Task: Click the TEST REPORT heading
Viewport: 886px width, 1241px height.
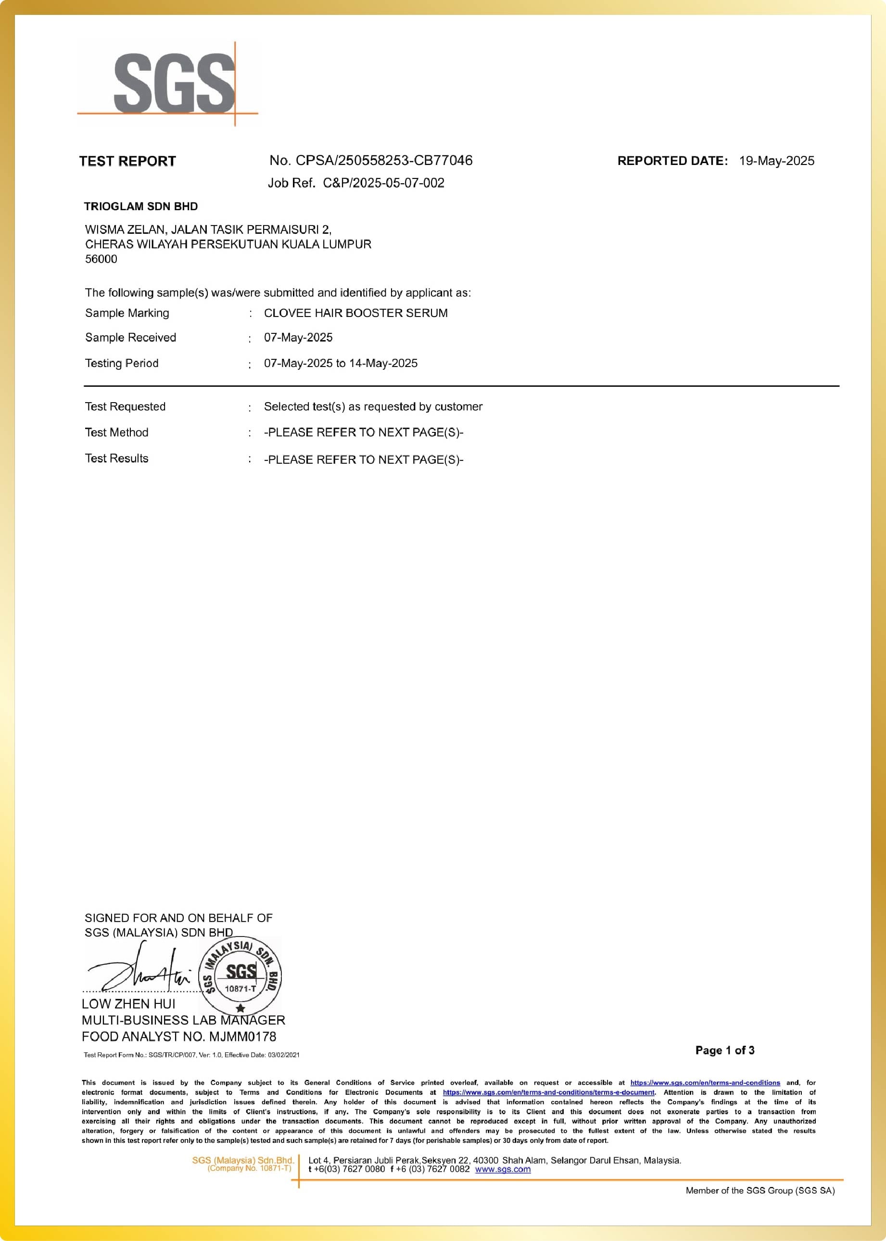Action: [127, 161]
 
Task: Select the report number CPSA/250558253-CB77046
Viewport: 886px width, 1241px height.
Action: [383, 160]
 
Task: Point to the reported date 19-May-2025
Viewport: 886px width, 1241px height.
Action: [776, 161]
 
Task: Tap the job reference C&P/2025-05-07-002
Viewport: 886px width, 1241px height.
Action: [383, 183]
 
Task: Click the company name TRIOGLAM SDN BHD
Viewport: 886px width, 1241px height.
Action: [141, 206]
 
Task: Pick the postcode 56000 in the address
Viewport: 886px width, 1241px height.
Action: [101, 259]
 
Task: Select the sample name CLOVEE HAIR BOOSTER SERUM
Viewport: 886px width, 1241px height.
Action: [356, 313]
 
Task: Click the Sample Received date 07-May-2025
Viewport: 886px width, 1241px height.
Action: [298, 338]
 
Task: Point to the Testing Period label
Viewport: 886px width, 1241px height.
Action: [122, 363]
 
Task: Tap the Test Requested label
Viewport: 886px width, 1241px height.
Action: [125, 406]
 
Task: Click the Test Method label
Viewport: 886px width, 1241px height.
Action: [116, 432]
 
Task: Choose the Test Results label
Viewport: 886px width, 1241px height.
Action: [116, 458]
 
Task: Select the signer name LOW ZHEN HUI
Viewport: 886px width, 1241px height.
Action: [129, 1004]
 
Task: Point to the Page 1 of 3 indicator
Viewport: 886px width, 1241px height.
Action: [724, 1051]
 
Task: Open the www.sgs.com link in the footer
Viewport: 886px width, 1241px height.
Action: [503, 1169]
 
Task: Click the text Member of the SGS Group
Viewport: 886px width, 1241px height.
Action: [760, 1190]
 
